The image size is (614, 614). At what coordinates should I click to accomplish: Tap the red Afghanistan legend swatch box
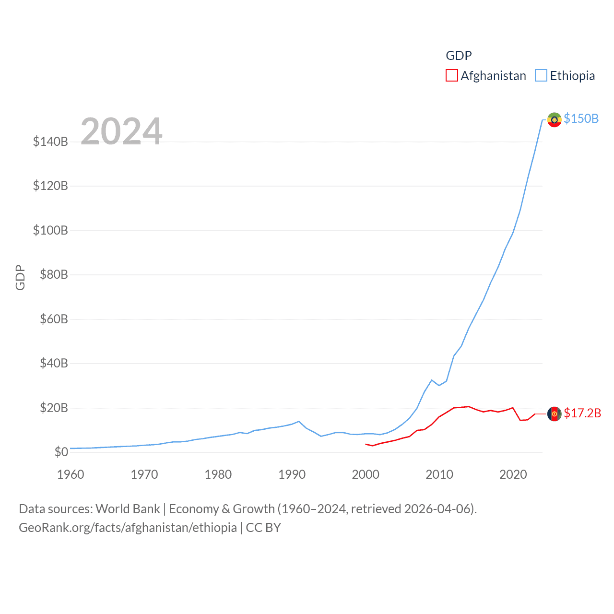[452, 76]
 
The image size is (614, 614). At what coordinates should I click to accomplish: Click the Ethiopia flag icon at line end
[555, 119]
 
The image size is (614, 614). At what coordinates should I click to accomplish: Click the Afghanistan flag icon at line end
[555, 413]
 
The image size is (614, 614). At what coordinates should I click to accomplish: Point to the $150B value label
[581, 118]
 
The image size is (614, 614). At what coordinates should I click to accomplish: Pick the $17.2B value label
[582, 413]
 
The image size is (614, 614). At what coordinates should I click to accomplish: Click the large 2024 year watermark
[121, 131]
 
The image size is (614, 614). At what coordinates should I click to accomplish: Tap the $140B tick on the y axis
[50, 142]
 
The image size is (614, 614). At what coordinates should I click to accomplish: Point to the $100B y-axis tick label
[50, 230]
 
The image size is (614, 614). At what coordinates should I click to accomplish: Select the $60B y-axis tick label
[54, 319]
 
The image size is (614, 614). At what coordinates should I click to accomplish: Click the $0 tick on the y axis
[61, 452]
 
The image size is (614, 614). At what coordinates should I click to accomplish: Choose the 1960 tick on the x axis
[71, 474]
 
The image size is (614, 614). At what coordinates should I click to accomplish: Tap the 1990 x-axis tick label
[292, 474]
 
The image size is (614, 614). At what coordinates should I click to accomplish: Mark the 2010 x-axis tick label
[439, 474]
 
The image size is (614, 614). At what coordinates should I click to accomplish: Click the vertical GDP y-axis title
[20, 277]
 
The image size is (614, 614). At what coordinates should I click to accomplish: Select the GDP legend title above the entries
[459, 56]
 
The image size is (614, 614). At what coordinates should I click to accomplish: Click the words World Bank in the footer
[128, 509]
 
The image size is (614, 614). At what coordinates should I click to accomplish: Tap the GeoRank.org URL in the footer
[128, 528]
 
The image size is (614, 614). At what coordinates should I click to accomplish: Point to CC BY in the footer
[263, 528]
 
